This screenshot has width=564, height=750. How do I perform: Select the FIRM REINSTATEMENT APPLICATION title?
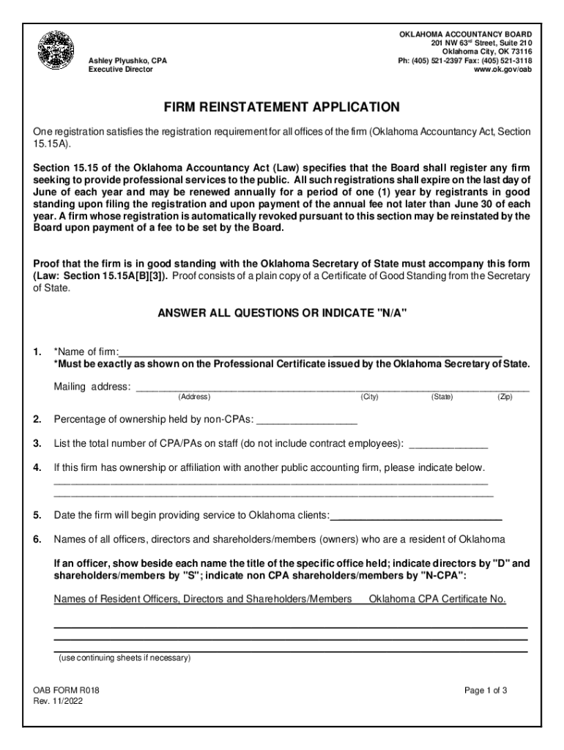282,108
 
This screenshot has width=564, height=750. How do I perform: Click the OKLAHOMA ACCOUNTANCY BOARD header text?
465,34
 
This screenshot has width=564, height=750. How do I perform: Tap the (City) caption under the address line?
369,397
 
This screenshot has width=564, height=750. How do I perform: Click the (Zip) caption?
505,397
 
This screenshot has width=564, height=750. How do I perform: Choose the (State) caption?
442,397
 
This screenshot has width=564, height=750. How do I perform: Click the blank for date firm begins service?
417,516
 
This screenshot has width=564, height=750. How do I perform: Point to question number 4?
37,467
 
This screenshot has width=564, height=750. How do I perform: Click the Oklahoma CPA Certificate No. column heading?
437,599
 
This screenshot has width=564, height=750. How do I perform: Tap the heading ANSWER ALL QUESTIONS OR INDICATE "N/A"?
282,313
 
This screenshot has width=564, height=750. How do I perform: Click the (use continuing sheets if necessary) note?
125,658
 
